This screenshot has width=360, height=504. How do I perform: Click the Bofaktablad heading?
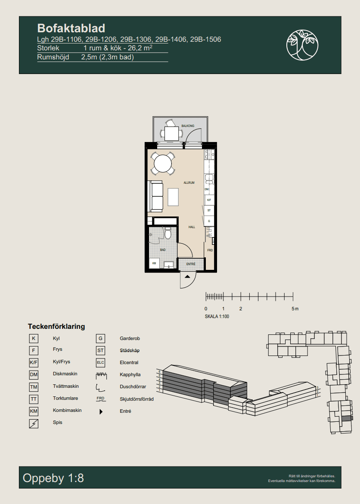tap(71, 28)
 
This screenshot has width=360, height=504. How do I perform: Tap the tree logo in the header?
tap(302, 45)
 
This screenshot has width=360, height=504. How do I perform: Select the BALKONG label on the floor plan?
tap(188, 126)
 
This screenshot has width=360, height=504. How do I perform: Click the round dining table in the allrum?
tap(163, 164)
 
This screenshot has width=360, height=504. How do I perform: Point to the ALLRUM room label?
tap(189, 182)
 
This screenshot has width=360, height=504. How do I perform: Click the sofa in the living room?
tap(156, 196)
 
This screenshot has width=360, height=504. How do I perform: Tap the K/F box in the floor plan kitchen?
tap(209, 200)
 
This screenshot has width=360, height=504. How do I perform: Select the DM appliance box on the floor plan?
tap(207, 189)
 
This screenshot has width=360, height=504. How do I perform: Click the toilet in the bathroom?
tap(168, 233)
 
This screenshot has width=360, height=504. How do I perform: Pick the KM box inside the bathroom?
tap(154, 263)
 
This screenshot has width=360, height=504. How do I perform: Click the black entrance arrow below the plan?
tap(187, 276)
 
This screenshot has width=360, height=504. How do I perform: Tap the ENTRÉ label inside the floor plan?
tap(191, 264)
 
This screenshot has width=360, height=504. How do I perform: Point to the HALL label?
tap(192, 227)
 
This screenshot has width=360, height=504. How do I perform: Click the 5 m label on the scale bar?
tap(295, 309)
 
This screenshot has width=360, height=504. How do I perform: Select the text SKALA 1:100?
tap(217, 317)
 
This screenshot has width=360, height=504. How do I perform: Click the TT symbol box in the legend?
tap(34, 399)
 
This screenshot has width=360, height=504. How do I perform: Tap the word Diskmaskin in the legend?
tap(65, 374)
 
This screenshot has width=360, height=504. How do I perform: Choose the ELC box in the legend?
tap(100, 362)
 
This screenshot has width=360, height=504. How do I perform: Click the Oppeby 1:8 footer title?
tap(53, 478)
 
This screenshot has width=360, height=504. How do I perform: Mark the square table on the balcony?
tap(171, 133)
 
